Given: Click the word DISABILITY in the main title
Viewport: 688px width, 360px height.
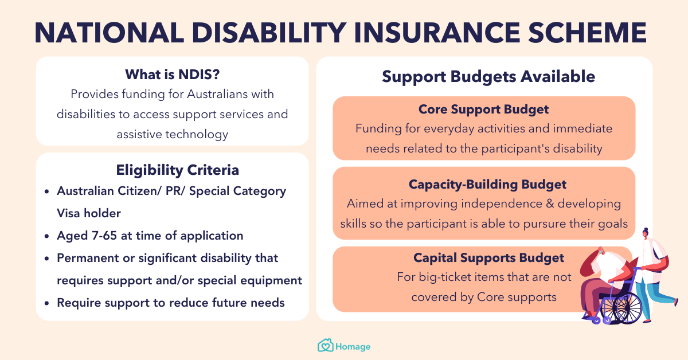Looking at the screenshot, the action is click(269, 33).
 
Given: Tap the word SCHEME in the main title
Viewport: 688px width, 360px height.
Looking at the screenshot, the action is click(587, 33).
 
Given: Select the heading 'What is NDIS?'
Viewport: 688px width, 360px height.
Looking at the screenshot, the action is click(173, 75).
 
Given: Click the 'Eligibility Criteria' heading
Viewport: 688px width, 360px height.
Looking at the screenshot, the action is click(177, 170).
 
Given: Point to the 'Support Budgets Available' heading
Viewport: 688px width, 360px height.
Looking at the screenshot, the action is click(488, 76).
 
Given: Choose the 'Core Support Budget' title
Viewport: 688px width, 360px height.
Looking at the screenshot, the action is click(483, 109).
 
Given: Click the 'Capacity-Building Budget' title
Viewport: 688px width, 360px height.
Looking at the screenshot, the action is click(487, 185).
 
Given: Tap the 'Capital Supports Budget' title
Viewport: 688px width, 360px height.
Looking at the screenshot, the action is click(488, 258).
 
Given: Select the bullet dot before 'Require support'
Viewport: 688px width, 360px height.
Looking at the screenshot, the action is click(46, 303).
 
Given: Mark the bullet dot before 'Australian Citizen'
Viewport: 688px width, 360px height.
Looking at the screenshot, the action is click(46, 191).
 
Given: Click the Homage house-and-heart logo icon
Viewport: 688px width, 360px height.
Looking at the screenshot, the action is click(325, 345).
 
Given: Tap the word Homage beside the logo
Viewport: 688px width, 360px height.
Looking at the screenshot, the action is click(353, 347).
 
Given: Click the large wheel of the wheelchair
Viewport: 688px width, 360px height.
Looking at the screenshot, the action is click(627, 308).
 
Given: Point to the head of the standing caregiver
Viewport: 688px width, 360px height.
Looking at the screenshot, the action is click(646, 233).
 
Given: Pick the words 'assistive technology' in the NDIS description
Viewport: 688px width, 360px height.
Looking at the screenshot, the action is click(173, 134).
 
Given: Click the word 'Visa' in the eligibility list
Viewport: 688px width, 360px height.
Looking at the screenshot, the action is click(68, 213).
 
